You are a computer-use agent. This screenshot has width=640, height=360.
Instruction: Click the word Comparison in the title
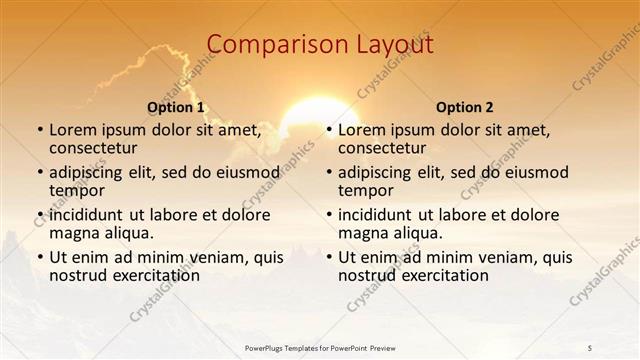pos(268,46)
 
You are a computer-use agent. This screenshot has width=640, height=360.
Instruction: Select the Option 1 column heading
pos(176,107)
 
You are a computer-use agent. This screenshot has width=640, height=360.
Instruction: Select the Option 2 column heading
pos(465,107)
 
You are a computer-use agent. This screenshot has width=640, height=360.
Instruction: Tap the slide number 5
pos(590,347)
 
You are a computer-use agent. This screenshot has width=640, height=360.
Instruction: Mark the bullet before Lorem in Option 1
pos(39,131)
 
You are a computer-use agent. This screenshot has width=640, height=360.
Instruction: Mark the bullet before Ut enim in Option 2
pos(328,257)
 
